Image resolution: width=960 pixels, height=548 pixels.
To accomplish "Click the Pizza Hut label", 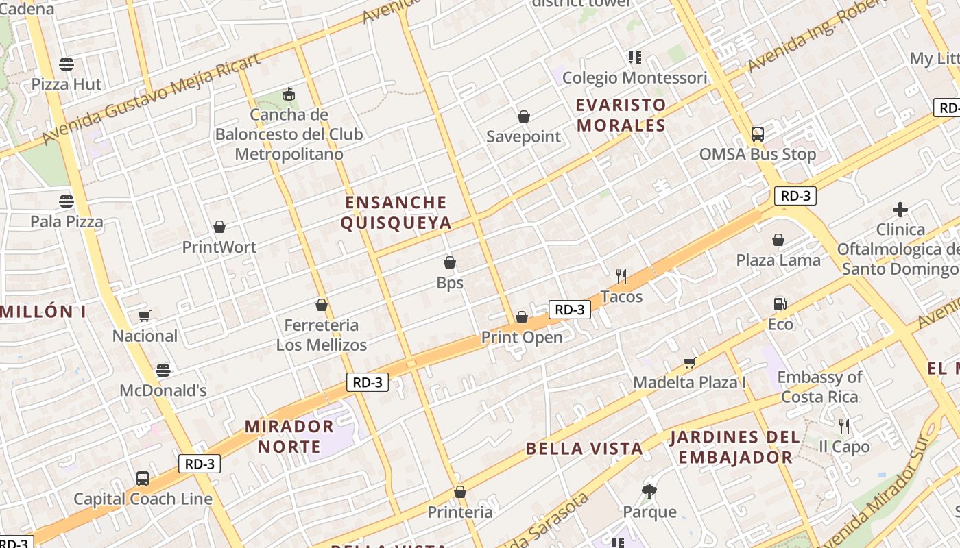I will pyautogui.click(x=67, y=84).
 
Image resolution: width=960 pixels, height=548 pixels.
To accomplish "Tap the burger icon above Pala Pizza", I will pyautogui.click(x=67, y=201).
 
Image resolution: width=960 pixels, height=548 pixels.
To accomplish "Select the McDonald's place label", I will pyautogui.click(x=163, y=390).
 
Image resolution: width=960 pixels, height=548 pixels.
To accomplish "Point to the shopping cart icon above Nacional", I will pyautogui.click(x=144, y=316).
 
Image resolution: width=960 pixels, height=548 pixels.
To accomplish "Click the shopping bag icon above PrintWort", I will pyautogui.click(x=219, y=227).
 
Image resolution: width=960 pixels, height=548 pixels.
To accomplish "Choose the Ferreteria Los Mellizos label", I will pyautogui.click(x=322, y=335).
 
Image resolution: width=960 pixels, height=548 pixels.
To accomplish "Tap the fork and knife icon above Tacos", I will pyautogui.click(x=621, y=277).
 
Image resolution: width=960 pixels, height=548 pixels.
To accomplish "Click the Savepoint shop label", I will pyautogui.click(x=524, y=136).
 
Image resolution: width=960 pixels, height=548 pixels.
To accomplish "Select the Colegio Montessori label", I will pyautogui.click(x=634, y=77).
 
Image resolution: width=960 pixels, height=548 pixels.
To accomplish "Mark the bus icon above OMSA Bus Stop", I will pyautogui.click(x=758, y=134).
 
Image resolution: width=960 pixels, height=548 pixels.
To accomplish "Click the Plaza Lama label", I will pyautogui.click(x=778, y=260).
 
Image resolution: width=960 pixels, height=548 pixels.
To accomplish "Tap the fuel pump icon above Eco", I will pyautogui.click(x=780, y=304).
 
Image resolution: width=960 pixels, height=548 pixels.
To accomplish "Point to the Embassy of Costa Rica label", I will pyautogui.click(x=819, y=387).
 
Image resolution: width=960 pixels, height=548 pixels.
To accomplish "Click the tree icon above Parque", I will pyautogui.click(x=649, y=491).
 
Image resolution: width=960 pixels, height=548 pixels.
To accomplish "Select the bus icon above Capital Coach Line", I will pyautogui.click(x=143, y=479).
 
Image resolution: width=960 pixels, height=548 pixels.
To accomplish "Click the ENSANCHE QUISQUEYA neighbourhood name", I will pyautogui.click(x=396, y=212).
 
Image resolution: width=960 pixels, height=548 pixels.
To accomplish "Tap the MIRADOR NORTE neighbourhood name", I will pyautogui.click(x=289, y=436).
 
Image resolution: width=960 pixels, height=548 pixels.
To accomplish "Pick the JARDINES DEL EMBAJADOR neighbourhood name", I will pyautogui.click(x=735, y=447).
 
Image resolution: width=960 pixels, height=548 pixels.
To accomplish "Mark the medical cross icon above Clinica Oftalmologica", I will pyautogui.click(x=900, y=210).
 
